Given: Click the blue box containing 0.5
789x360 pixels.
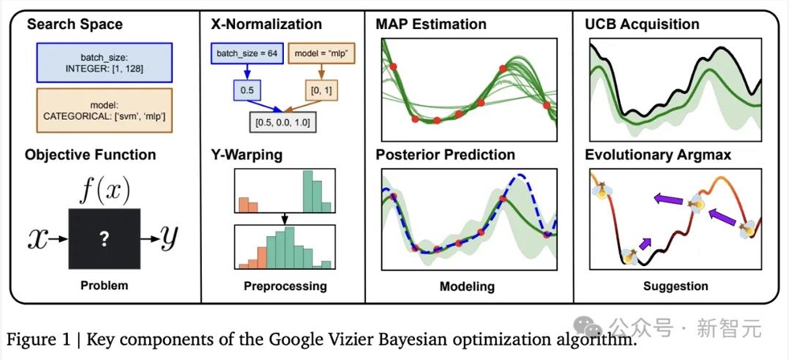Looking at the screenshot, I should [246, 92].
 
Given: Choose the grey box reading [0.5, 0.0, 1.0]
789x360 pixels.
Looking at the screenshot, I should [279, 124].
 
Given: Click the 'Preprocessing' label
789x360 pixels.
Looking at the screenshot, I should [285, 286].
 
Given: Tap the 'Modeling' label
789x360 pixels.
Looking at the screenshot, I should [467, 286].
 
